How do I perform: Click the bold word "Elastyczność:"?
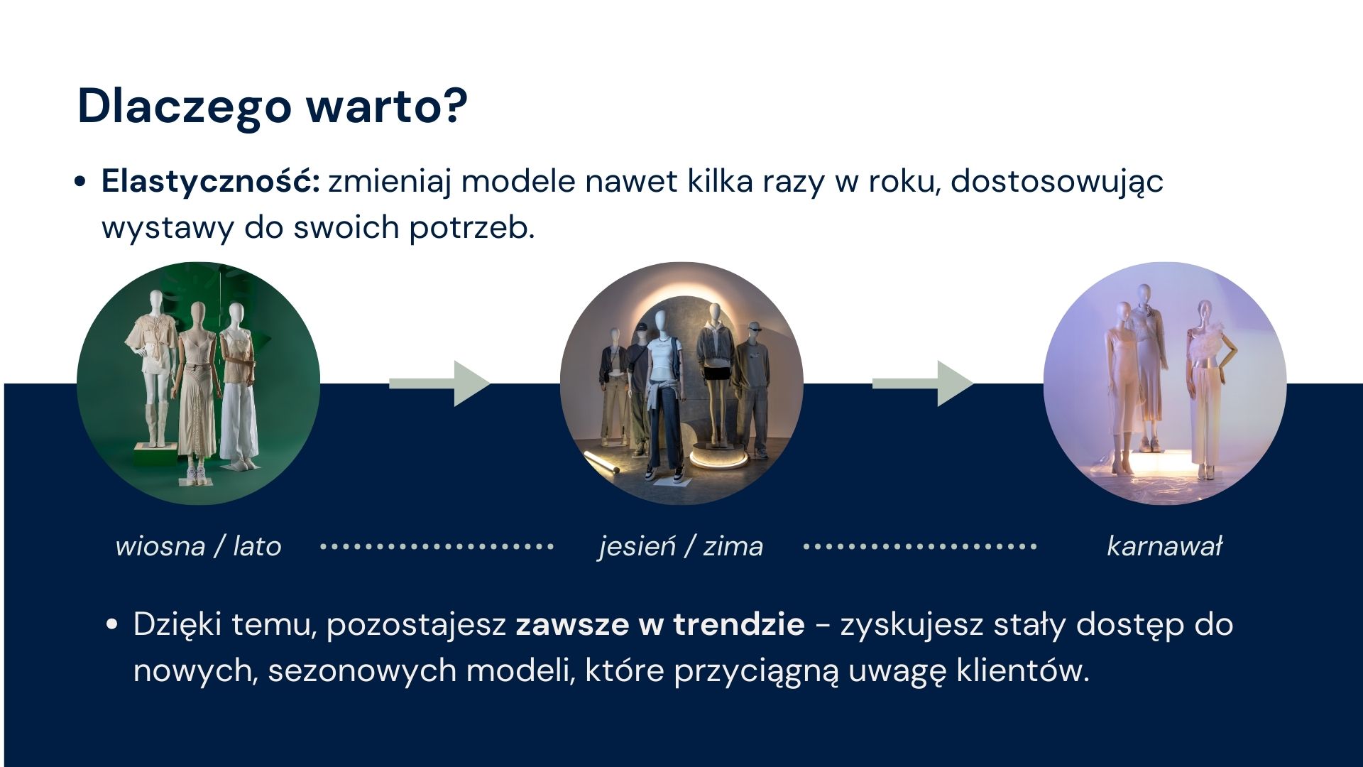coord(211,181)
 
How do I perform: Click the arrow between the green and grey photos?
coord(440,383)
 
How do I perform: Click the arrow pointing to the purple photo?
coord(923,383)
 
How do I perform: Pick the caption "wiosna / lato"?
coord(198,546)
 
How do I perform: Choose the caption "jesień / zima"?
coord(681,546)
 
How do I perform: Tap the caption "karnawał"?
coord(1165,546)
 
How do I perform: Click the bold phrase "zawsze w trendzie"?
coord(660,624)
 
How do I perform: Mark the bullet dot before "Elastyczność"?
coord(80,182)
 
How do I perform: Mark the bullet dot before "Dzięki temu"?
coord(111,625)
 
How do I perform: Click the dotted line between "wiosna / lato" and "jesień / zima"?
coord(437,546)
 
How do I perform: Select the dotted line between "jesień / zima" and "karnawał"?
coord(920,546)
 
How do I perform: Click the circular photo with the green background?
coord(198,383)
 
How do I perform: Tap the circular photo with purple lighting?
coord(1165,383)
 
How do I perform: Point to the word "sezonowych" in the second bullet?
coord(363,670)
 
